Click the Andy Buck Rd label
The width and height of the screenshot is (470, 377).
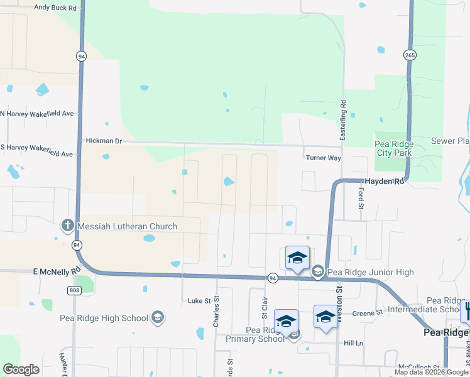click(55, 8)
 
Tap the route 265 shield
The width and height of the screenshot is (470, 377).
click(410, 55)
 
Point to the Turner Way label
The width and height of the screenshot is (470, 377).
click(322, 158)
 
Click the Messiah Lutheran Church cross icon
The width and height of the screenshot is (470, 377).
click(68, 226)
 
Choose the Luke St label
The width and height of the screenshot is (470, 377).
click(199, 301)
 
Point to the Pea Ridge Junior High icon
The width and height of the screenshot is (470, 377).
click(318, 271)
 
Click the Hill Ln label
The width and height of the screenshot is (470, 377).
click(354, 343)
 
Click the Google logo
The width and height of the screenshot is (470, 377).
click(21, 369)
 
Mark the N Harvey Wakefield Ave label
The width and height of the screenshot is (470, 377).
click(38, 114)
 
